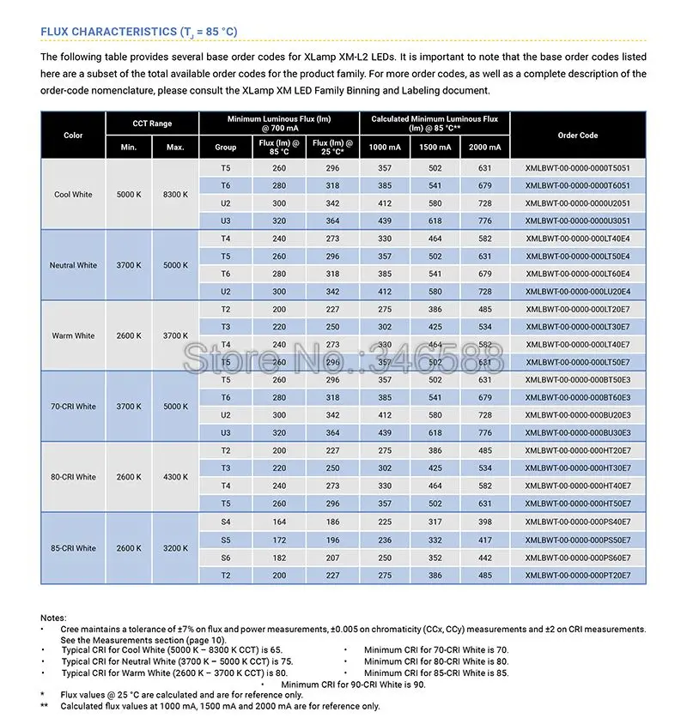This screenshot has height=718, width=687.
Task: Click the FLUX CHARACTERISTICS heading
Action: pyautogui.click(x=139, y=33)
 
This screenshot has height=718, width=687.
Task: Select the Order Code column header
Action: pyautogui.click(x=577, y=136)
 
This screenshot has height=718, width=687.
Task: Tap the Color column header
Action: pyautogui.click(x=73, y=136)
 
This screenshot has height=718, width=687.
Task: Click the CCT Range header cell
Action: pyautogui.click(x=152, y=124)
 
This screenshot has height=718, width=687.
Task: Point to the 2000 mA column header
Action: pyautogui.click(x=485, y=148)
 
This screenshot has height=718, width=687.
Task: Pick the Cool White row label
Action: pyautogui.click(x=73, y=195)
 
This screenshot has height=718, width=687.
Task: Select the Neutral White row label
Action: pyautogui.click(x=73, y=265)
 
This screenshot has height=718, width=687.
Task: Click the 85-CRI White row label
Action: pyautogui.click(x=73, y=548)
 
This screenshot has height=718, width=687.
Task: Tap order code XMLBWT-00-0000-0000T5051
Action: pyautogui.click(x=577, y=168)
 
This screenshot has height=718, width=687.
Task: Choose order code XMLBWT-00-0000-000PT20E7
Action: pyautogui.click(x=577, y=576)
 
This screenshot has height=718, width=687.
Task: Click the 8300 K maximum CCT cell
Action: pyautogui.click(x=175, y=195)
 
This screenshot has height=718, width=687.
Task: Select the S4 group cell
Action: pyautogui.click(x=226, y=522)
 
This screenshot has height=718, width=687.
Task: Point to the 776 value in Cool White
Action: pyautogui.click(x=485, y=220)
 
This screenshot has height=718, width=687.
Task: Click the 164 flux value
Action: pyautogui.click(x=279, y=522)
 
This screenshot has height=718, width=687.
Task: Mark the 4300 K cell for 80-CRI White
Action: pyautogui.click(x=175, y=477)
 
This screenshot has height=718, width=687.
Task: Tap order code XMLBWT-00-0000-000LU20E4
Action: pyautogui.click(x=577, y=292)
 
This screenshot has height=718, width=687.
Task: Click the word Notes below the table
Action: pyautogui.click(x=53, y=618)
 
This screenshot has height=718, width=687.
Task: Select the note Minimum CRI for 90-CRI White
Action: pyautogui.click(x=353, y=685)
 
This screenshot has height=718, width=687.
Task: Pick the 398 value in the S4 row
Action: pyautogui.click(x=485, y=522)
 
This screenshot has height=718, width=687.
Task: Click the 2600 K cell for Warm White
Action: pyautogui.click(x=129, y=335)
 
